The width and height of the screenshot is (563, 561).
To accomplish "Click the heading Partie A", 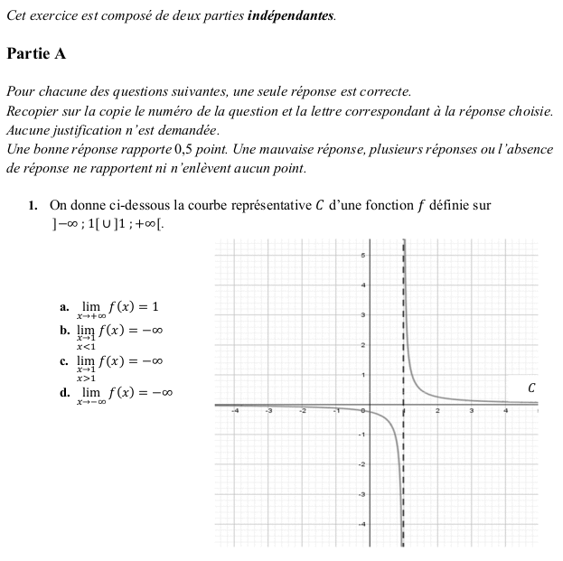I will click(x=36, y=53).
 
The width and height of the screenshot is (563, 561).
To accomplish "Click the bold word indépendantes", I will click(x=290, y=15).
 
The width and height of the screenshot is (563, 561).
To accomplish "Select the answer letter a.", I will click(x=64, y=307).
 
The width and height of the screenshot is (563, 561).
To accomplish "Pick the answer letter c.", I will click(x=64, y=362).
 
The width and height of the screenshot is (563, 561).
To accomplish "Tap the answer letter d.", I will click(x=64, y=393).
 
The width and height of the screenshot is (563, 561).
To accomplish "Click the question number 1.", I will click(x=33, y=206).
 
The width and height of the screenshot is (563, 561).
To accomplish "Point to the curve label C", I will click(x=531, y=388).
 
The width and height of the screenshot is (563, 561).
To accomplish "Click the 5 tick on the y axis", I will click(x=363, y=256).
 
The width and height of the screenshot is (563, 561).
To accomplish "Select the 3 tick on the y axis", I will click(x=363, y=314).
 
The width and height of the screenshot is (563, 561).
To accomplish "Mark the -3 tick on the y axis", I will click(x=362, y=494).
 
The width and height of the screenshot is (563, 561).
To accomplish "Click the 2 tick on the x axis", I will click(x=437, y=411).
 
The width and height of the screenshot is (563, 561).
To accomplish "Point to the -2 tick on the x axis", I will click(x=304, y=411).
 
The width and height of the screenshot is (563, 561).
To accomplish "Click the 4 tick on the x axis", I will click(x=505, y=411).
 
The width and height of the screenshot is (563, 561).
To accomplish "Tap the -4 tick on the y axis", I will click(x=362, y=524).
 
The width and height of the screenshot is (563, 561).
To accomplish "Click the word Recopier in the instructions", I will click(x=33, y=111).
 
